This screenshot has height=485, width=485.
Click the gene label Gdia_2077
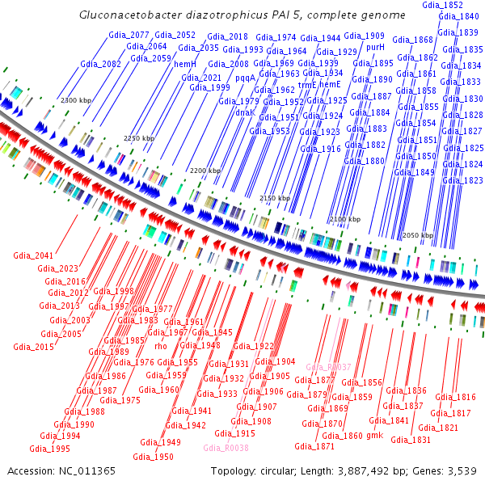coord(129,35)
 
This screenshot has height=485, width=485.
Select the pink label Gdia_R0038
coord(226,447)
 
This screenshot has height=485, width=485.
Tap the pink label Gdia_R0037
coord(328,367)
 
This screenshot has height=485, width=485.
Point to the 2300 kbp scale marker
coord(77,99)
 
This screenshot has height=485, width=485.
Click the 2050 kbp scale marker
coord(418,235)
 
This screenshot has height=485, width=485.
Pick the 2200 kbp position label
coord(205,171)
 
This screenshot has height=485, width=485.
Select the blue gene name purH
coord(376,48)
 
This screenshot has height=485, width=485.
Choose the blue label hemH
coord(185,64)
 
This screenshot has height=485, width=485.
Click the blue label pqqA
coord(245,78)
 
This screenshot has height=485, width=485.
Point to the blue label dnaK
coord(244,112)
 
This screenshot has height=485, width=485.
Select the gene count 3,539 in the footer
coord(462,470)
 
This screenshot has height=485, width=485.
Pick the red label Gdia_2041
coord(33,256)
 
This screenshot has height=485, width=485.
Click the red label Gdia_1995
coord(49,449)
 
